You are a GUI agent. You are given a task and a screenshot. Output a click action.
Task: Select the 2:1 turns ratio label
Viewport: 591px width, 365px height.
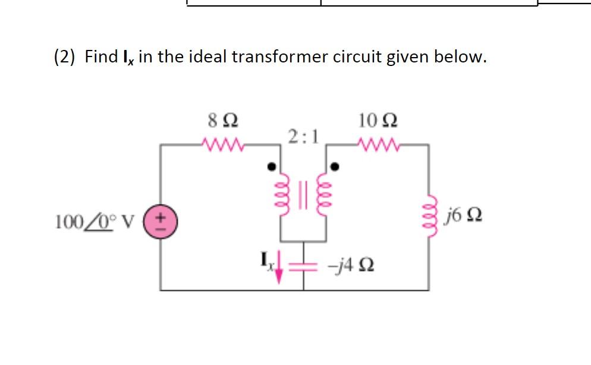(303, 137)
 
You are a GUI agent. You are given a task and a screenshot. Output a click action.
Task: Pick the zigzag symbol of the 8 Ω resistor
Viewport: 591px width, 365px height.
(221, 144)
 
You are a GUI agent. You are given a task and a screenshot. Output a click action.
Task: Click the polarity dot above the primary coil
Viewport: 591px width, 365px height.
(272, 167)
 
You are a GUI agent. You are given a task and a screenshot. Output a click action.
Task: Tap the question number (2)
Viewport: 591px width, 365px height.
(65, 57)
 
